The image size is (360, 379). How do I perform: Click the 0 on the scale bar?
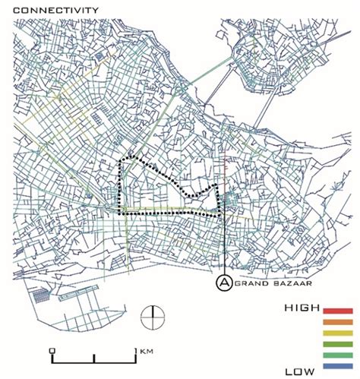coord(51,349)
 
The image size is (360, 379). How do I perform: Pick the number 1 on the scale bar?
coord(136,349)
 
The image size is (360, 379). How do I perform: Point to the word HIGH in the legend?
coord(301,308)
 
